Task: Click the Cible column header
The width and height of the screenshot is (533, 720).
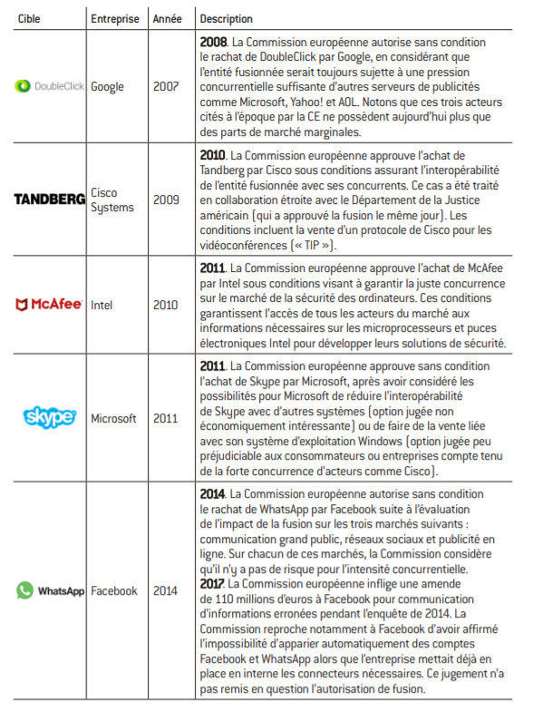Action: [x=29, y=19]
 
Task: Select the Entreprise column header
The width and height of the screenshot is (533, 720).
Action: [x=115, y=19]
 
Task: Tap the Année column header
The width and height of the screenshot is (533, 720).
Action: [x=167, y=19]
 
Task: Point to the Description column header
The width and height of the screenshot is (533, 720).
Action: [x=227, y=19]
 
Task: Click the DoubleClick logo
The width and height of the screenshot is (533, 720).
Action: [x=50, y=86]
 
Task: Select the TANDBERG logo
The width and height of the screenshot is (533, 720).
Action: [x=50, y=199]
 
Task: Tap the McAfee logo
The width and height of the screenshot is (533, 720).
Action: [x=49, y=304]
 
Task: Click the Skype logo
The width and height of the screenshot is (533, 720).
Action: [x=50, y=417]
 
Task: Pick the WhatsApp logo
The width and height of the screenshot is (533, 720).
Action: [x=50, y=590]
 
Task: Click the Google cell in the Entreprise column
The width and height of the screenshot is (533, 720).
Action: [x=108, y=87]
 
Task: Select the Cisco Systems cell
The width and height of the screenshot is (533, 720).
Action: [x=112, y=199]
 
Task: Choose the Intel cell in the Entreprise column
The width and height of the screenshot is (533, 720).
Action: [x=102, y=305]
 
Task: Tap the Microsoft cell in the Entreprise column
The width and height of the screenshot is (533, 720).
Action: [x=113, y=418]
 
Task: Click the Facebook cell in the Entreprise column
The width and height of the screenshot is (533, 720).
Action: [x=114, y=590]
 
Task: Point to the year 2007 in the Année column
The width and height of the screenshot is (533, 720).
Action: [x=166, y=86]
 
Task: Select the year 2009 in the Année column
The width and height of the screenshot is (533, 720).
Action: [x=166, y=199]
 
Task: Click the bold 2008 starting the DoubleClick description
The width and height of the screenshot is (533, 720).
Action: [x=214, y=43]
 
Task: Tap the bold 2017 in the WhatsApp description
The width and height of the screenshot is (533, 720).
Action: [x=212, y=584]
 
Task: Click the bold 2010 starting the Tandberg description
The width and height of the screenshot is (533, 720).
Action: [x=212, y=155]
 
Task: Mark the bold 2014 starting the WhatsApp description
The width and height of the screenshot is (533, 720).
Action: [x=212, y=494]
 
